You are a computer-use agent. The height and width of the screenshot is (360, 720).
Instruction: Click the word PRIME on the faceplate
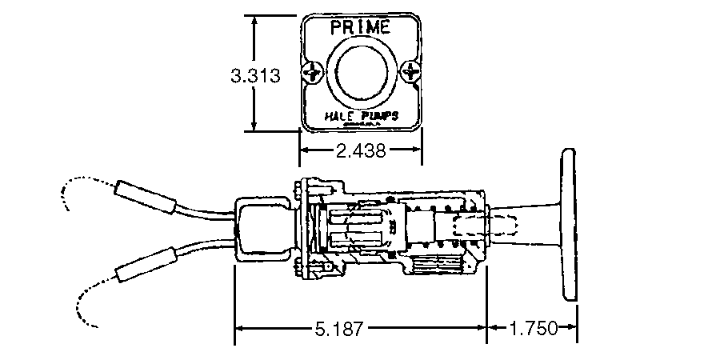(x=360, y=27)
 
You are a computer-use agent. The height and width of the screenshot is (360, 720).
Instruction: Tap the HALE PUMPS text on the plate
(x=360, y=117)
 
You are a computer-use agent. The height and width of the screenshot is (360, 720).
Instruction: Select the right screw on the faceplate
(x=411, y=71)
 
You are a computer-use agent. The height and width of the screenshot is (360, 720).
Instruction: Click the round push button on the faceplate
(x=361, y=74)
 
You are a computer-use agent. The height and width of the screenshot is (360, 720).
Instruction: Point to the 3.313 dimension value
(x=254, y=76)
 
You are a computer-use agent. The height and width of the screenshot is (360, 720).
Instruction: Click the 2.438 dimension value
(x=360, y=150)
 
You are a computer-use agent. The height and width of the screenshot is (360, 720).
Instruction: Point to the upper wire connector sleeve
(x=145, y=196)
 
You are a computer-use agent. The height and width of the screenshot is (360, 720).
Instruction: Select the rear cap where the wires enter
(x=262, y=229)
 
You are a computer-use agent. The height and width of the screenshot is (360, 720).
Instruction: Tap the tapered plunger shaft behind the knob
(x=524, y=226)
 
